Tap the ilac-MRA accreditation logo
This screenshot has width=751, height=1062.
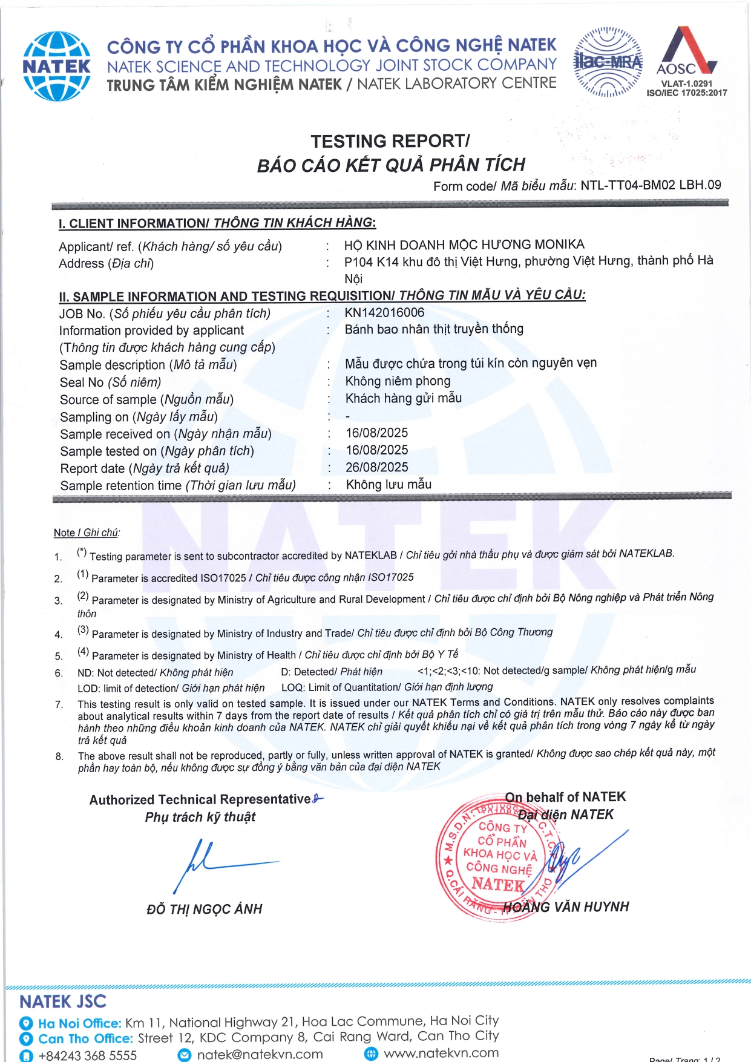608,62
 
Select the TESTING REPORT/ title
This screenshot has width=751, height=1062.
390,141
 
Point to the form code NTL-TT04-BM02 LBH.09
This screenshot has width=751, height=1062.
651,185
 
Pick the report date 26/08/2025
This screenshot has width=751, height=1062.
376,467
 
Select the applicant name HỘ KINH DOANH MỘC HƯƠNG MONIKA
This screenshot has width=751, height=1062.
464,244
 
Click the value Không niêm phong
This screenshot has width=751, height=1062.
398,381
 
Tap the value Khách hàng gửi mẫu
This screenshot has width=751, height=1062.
403,398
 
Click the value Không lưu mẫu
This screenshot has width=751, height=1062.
389,484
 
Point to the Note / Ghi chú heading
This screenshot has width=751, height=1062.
87,533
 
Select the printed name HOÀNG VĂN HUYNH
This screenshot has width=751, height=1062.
566,906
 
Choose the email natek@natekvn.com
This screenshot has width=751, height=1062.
260,1054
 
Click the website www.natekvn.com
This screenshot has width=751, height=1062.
441,1053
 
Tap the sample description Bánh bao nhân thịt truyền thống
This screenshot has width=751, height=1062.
434,329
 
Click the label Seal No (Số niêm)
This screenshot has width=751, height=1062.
110,382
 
